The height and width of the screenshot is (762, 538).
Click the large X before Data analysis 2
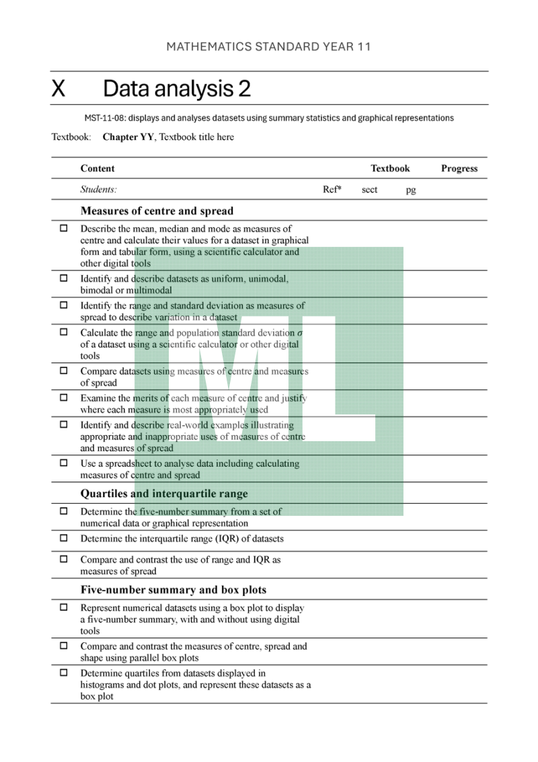coord(59,88)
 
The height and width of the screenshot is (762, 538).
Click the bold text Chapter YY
coord(128,137)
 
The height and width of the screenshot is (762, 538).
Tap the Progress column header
coord(459,169)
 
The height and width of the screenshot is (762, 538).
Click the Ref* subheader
coord(332,190)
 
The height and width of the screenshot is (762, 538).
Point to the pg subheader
coord(411,190)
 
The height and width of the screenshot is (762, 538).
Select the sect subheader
coord(369,190)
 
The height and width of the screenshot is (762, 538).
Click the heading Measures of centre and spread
coord(157,211)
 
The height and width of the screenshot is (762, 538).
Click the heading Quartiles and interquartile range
coord(164,494)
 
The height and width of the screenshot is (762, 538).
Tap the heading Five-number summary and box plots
coord(174,590)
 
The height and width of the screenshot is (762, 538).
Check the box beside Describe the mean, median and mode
coord(64,229)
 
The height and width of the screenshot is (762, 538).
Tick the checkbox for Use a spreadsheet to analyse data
coord(64,463)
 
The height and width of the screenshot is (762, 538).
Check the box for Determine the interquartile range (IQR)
coord(64,538)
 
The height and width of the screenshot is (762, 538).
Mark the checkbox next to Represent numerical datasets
coord(64,607)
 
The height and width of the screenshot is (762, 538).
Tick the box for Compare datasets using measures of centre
coord(64,371)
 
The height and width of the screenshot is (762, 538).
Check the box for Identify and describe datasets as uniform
coord(64,278)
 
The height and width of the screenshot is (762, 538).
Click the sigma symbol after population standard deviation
coord(299,333)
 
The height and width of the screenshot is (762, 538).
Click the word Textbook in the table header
coord(390,169)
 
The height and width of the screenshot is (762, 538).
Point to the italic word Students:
coord(99,190)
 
